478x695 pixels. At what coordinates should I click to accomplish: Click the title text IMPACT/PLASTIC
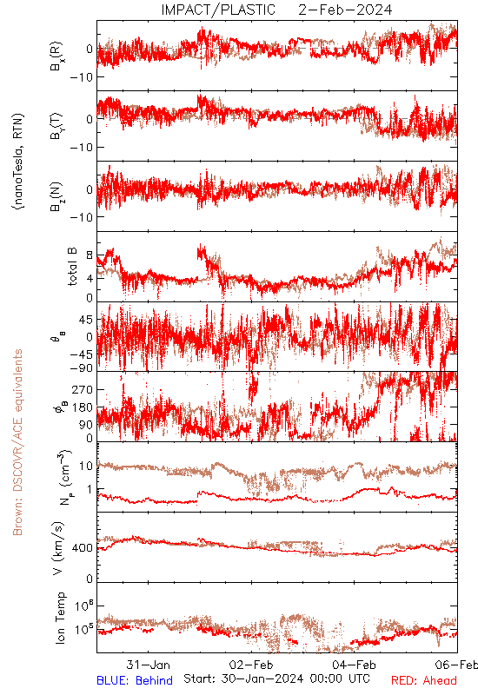coord(218,10)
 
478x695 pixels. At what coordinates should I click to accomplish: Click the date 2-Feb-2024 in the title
coord(345,10)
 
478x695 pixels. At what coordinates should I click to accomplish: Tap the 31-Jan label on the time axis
coord(148,665)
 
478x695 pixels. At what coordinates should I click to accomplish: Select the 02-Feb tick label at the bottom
coord(251,665)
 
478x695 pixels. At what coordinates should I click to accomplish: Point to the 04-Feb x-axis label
coord(354,665)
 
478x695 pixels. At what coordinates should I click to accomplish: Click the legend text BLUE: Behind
coord(135,680)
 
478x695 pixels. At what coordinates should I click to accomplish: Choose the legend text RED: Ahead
coord(424,680)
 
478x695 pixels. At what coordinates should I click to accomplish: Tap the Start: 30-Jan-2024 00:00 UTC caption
coord(276,678)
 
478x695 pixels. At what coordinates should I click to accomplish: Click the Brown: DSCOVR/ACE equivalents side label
coord(17,442)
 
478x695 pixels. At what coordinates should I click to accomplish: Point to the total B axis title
coord(72,267)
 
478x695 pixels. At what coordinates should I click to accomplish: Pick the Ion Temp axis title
coord(60,618)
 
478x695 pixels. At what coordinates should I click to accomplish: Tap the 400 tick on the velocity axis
coord(83,548)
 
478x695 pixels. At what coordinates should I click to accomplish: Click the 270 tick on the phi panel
coord(83,389)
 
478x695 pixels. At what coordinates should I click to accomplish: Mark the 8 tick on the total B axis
coord(90,255)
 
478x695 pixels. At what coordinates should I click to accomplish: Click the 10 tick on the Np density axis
coord(86,466)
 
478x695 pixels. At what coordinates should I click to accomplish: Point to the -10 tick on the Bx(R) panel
coord(81,77)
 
